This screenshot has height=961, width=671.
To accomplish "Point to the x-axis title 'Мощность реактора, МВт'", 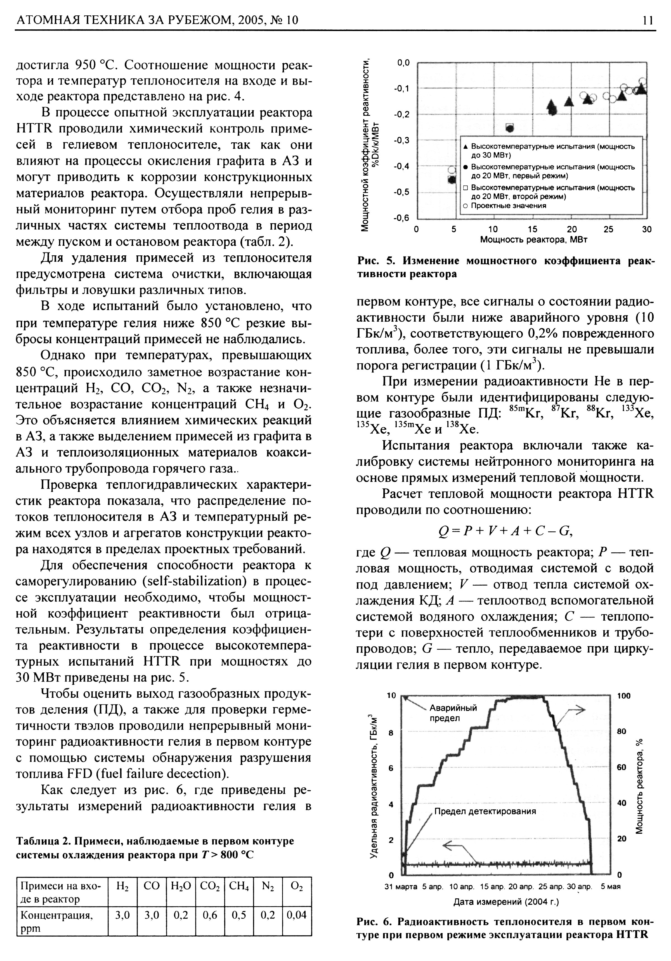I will [x=533, y=240].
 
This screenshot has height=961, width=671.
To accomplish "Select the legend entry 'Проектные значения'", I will [x=508, y=206].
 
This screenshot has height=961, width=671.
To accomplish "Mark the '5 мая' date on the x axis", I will [x=610, y=886].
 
